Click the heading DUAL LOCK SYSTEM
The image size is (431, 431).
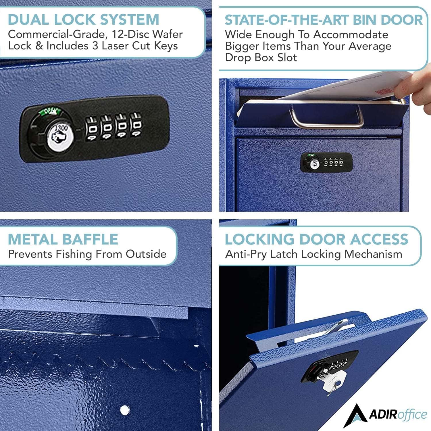coord(83,20)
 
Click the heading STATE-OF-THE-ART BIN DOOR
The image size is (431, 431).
coord(324,20)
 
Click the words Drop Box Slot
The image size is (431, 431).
coord(261,58)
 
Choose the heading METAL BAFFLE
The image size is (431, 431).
coord(63,239)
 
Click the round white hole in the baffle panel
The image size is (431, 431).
coord(124,410)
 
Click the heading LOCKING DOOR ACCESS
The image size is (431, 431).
coord(316,239)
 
